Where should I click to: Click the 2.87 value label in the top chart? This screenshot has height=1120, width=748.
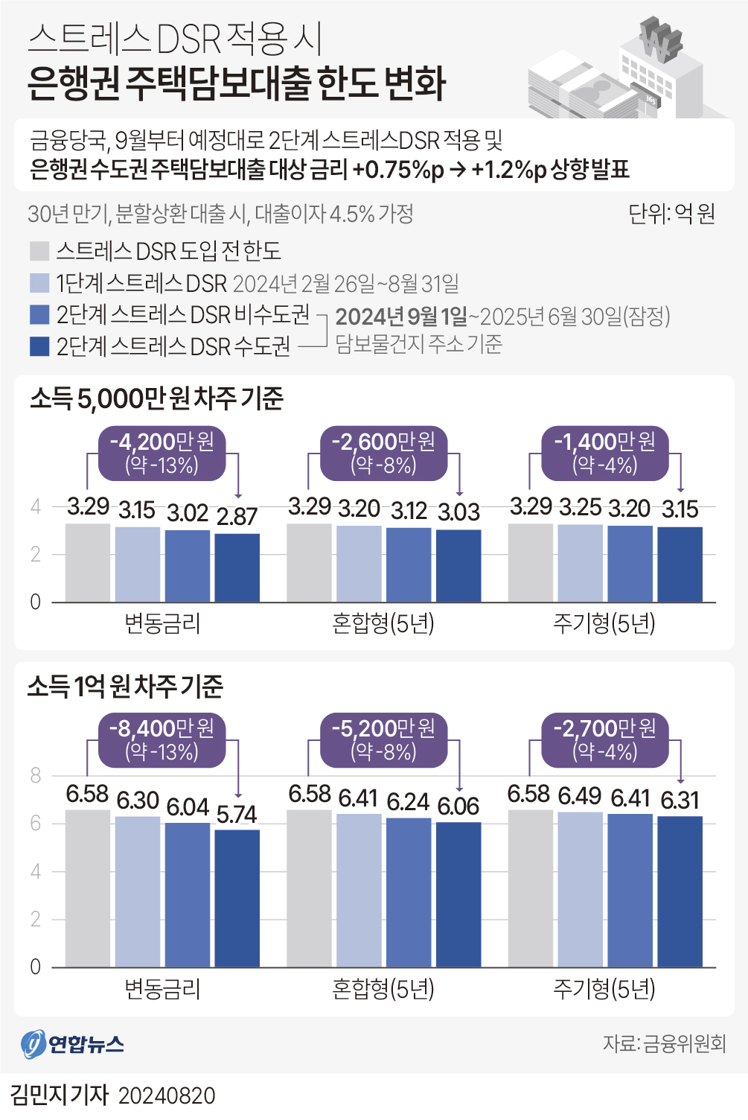(x=237, y=516)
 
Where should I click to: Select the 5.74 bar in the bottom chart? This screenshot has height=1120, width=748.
(x=237, y=897)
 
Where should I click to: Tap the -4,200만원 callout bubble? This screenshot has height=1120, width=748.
(x=162, y=453)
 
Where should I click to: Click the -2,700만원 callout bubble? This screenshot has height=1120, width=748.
(x=604, y=739)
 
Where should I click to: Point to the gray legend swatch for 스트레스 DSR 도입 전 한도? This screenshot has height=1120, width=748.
(x=39, y=251)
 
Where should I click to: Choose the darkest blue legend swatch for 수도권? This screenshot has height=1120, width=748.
(x=39, y=346)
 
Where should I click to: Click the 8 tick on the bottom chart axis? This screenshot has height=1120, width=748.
(x=35, y=775)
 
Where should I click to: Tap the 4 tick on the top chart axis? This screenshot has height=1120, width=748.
(x=35, y=506)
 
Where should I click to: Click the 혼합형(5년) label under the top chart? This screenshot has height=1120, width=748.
(x=383, y=623)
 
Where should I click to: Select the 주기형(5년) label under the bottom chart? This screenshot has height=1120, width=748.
(x=604, y=989)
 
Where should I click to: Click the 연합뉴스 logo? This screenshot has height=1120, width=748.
(x=72, y=1043)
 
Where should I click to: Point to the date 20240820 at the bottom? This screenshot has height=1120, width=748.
(x=167, y=1095)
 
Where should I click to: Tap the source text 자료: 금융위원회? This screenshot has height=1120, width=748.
(x=664, y=1043)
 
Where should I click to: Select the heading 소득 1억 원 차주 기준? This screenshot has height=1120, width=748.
(x=125, y=686)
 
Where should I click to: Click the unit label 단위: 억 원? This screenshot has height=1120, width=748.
(x=671, y=214)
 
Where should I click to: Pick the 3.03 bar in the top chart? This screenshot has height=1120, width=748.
(x=458, y=565)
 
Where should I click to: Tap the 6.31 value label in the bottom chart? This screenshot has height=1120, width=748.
(x=680, y=800)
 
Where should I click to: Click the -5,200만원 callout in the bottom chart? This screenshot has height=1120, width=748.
(x=383, y=739)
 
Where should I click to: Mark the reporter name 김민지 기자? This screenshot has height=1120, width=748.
(x=60, y=1095)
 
